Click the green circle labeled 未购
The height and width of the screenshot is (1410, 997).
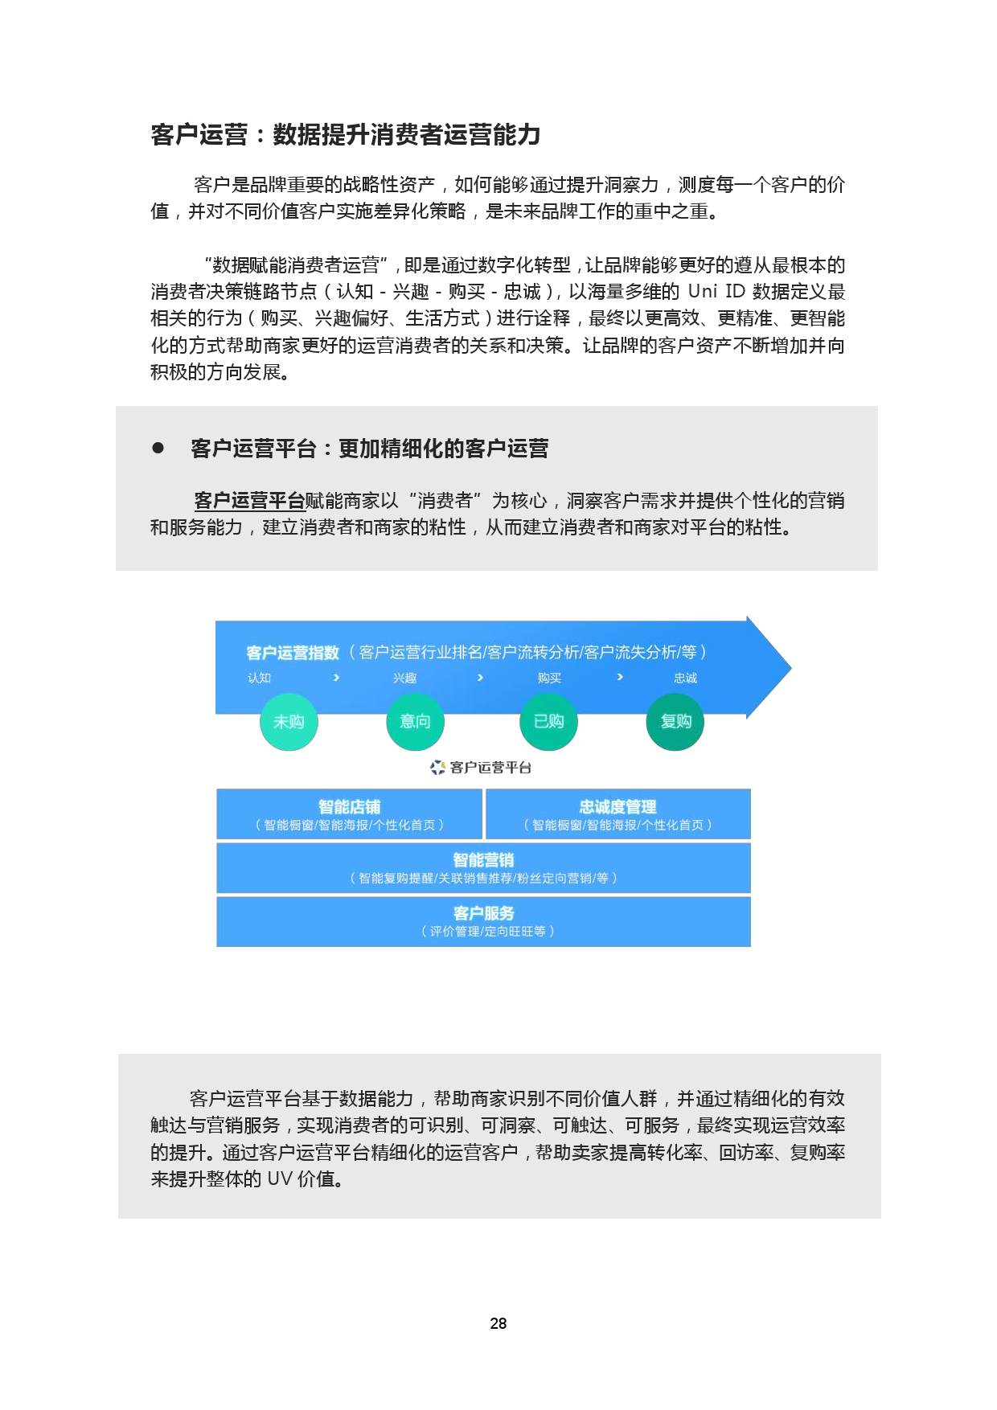pyautogui.click(x=289, y=722)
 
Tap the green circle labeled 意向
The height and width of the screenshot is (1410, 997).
pyautogui.click(x=416, y=722)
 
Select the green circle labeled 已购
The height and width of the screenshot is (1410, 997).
pyautogui.click(x=549, y=722)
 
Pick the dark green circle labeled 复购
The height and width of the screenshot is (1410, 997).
pyautogui.click(x=675, y=722)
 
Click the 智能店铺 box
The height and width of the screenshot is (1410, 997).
pyautogui.click(x=350, y=814)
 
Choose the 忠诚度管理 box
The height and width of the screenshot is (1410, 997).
pyautogui.click(x=618, y=814)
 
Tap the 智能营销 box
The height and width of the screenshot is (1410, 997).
pyautogui.click(x=484, y=868)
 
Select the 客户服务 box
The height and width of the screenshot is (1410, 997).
pyautogui.click(x=484, y=921)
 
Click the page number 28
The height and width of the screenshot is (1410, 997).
pyautogui.click(x=498, y=1323)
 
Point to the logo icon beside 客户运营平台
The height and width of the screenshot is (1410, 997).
pyautogui.click(x=437, y=768)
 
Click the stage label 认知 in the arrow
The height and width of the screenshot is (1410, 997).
pyautogui.click(x=260, y=678)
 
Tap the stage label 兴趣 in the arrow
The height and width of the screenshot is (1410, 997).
pyautogui.click(x=405, y=678)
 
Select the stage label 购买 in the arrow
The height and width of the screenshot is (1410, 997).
pyautogui.click(x=550, y=678)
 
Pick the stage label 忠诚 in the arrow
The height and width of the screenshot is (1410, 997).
pyautogui.click(x=686, y=678)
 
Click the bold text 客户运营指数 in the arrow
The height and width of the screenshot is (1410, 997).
pyautogui.click(x=293, y=653)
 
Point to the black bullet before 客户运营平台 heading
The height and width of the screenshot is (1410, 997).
pyautogui.click(x=158, y=448)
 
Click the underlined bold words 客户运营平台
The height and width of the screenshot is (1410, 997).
pyautogui.click(x=249, y=501)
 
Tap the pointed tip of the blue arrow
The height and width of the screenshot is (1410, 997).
pyautogui.click(x=791, y=667)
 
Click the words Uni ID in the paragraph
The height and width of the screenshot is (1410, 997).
pyautogui.click(x=716, y=291)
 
